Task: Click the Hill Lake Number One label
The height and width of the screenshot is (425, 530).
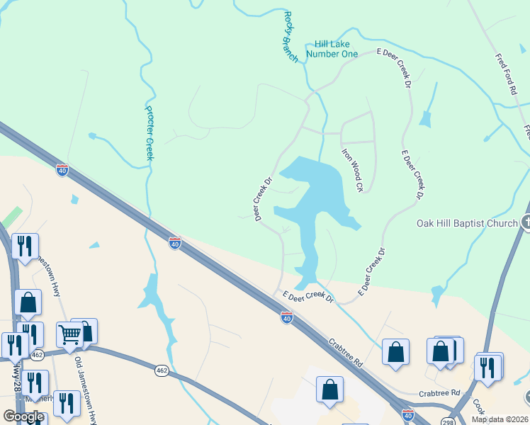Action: pos(332,48)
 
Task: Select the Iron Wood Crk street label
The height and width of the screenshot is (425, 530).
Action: pos(352,170)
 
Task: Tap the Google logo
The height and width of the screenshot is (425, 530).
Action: pos(23,416)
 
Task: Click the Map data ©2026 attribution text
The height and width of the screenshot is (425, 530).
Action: pos(500,419)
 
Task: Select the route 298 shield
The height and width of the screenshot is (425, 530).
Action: pos(448,422)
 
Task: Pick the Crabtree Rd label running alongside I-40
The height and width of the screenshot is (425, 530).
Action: pos(346,351)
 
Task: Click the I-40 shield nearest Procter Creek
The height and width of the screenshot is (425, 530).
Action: pos(175,243)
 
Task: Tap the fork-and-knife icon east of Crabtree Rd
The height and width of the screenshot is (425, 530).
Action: pos(487,366)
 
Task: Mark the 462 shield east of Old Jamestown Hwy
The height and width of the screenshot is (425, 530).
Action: pos(162,370)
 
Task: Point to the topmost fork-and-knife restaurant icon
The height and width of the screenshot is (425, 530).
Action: pos(25,246)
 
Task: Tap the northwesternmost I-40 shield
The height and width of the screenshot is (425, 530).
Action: pos(62,170)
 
